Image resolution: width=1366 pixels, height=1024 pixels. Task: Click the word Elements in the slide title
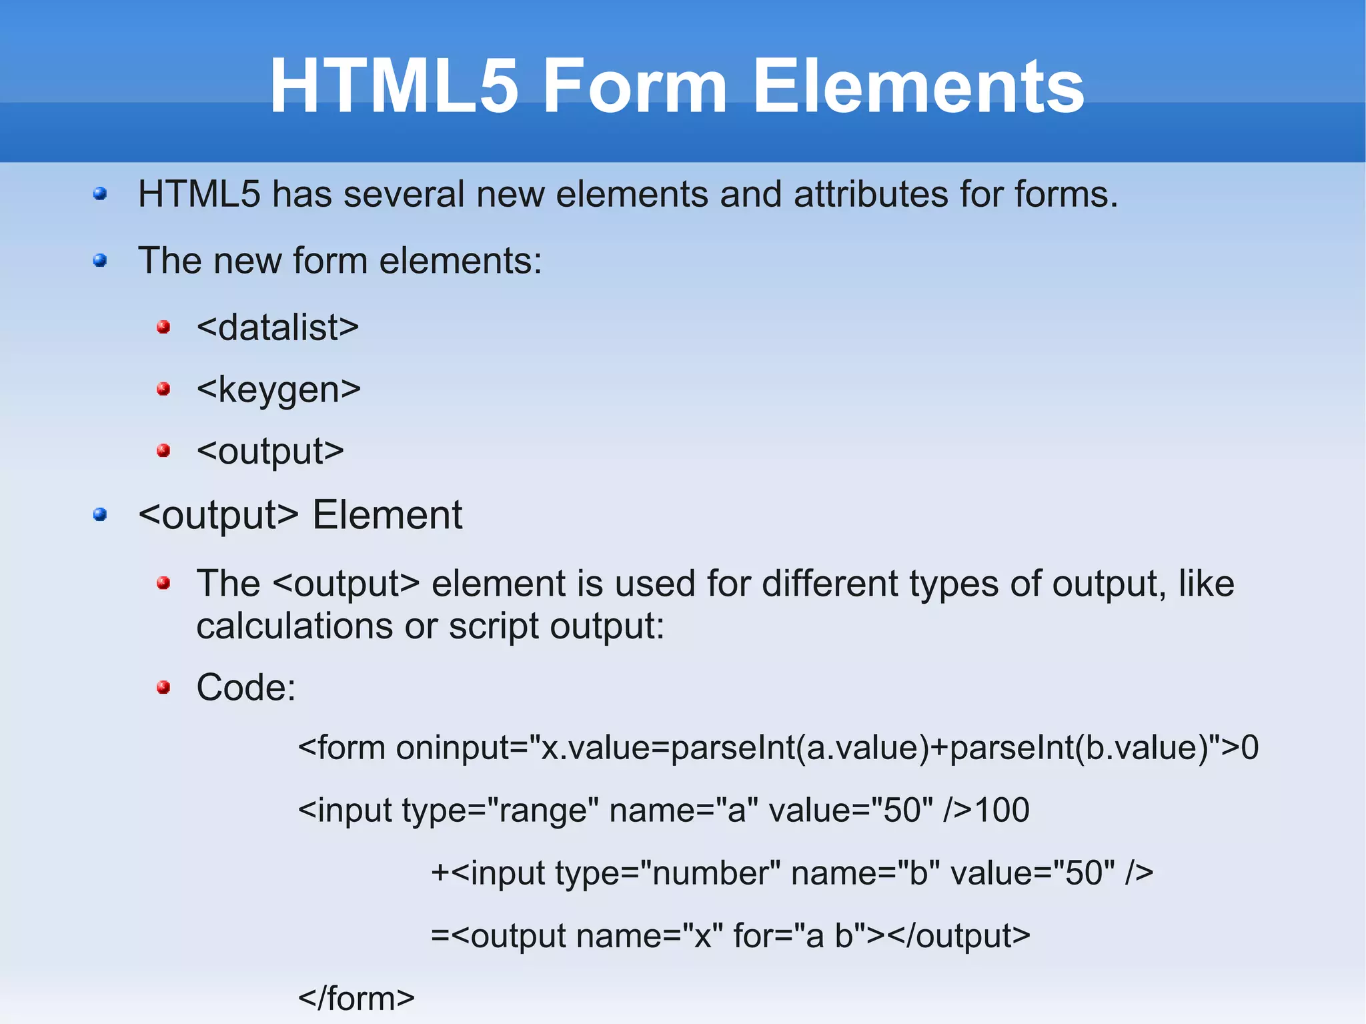pos(918,87)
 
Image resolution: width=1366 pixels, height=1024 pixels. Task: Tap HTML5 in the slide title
pos(394,87)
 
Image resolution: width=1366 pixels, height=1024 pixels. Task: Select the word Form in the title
pos(635,87)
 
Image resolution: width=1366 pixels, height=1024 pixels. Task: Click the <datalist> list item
pos(277,328)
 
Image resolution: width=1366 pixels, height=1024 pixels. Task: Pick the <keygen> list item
pos(278,390)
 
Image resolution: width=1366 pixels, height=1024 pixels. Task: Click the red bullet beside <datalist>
pos(163,327)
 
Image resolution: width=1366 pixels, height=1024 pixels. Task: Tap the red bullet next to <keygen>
pos(163,389)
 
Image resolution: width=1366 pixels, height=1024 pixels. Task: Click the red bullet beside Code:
pos(163,687)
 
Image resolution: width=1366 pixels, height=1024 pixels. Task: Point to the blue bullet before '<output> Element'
pos(100,514)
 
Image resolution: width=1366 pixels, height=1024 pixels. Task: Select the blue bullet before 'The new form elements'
pos(100,260)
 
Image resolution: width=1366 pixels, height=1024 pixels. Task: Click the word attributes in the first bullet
pos(871,195)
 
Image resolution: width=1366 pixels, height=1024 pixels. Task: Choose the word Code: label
pos(246,688)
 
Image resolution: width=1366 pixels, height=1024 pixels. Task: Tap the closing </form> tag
pos(356,999)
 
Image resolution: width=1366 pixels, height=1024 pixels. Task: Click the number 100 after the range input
pos(1002,811)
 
